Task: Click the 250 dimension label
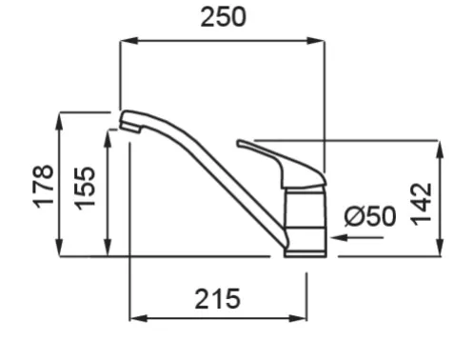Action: [223, 17]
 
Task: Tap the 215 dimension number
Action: [217, 299]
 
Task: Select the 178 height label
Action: [44, 187]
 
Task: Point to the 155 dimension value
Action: [85, 188]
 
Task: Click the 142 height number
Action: [421, 204]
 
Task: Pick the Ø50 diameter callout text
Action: [370, 216]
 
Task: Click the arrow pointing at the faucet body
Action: [357, 237]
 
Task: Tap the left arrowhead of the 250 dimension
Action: [129, 41]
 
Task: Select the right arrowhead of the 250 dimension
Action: [316, 41]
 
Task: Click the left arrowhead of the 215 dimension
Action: [139, 318]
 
